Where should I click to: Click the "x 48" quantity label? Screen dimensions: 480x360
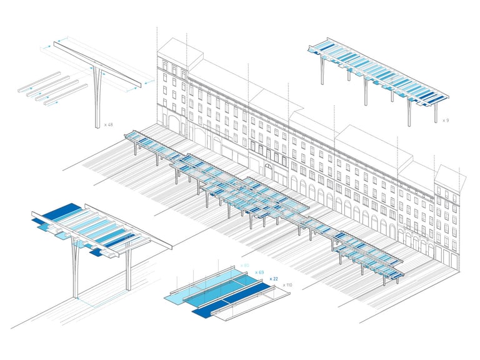109,125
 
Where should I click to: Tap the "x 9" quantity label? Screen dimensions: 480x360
445,119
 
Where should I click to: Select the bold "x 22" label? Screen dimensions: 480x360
274,279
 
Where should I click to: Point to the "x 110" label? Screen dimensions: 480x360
287,285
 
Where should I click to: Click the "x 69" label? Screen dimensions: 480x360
259,273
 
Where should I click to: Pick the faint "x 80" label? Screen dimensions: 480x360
244,266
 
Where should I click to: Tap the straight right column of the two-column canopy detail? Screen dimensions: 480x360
128,269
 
